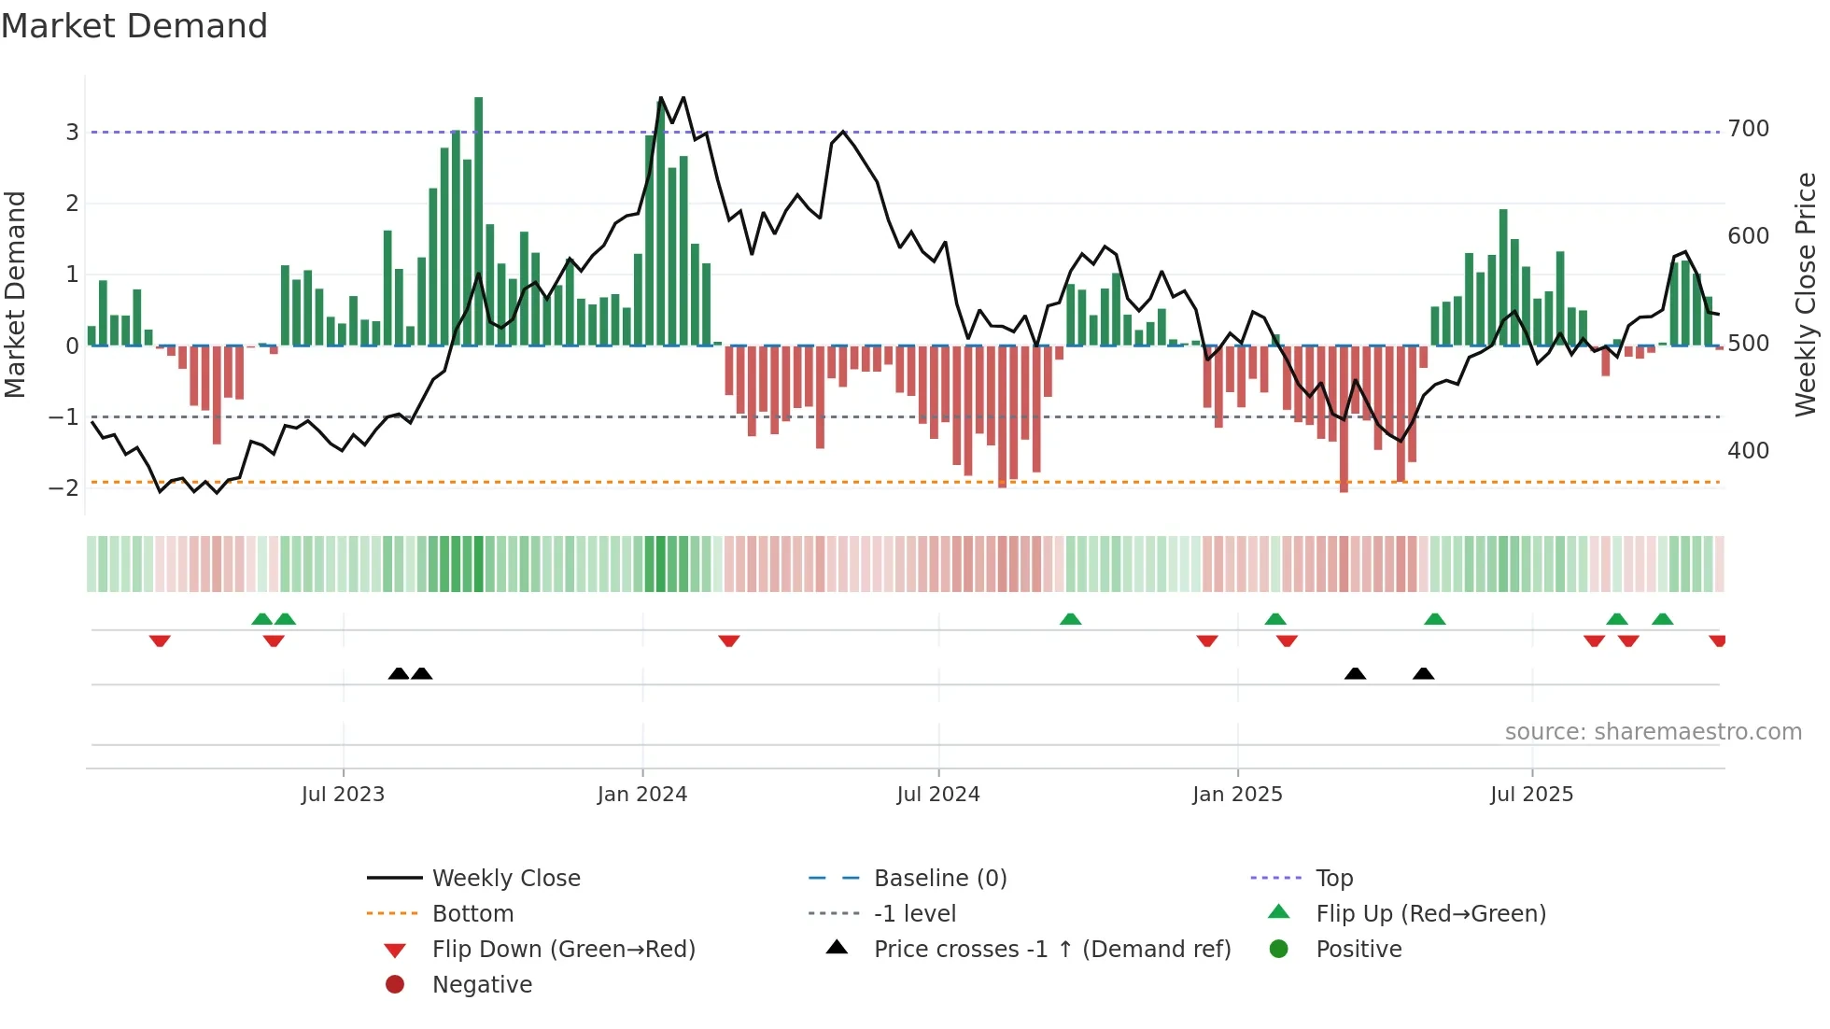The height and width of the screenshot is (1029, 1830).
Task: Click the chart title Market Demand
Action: click(134, 26)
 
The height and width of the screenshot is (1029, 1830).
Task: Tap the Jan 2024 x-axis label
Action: click(641, 795)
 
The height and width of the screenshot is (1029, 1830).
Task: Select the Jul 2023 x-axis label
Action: click(343, 795)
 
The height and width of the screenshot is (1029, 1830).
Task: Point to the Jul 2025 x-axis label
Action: click(1531, 795)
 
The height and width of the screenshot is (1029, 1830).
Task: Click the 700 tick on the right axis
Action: click(1748, 129)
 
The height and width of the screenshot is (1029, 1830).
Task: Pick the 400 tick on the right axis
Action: click(1748, 451)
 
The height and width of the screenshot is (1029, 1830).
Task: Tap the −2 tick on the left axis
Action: click(63, 488)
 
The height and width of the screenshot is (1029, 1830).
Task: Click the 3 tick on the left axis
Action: click(72, 133)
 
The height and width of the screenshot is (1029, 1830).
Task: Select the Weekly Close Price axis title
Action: click(1806, 294)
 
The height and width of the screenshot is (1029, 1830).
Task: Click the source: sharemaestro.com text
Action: click(1653, 732)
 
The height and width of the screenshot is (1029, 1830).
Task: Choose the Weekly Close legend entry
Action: click(505, 879)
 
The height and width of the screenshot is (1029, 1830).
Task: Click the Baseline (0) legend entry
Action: click(939, 879)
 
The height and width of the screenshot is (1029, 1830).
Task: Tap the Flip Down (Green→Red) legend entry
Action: click(563, 950)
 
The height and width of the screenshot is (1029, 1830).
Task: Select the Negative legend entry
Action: click(482, 985)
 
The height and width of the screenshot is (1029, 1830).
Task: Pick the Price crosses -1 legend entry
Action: click(1051, 950)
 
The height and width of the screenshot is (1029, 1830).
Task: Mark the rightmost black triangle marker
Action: click(1423, 674)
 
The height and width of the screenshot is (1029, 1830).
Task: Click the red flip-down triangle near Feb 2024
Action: click(729, 641)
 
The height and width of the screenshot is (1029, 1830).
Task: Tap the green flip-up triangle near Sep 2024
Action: click(1071, 619)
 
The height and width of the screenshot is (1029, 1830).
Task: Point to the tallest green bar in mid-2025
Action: click(1503, 277)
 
